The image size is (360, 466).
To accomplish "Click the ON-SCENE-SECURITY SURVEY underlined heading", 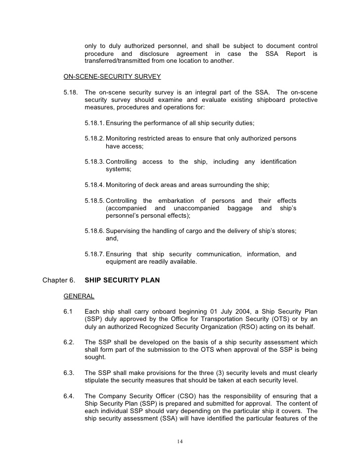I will [112, 77].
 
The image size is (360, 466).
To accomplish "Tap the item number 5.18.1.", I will [94, 123].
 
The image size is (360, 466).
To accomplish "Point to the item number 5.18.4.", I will [94, 185].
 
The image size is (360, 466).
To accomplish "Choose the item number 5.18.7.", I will [94, 254].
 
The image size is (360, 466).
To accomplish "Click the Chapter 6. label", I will [59, 280].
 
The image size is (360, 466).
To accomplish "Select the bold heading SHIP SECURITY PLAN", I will [122, 280].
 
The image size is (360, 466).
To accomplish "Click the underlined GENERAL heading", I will [79, 296].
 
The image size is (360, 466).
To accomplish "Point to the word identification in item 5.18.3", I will [274, 162].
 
